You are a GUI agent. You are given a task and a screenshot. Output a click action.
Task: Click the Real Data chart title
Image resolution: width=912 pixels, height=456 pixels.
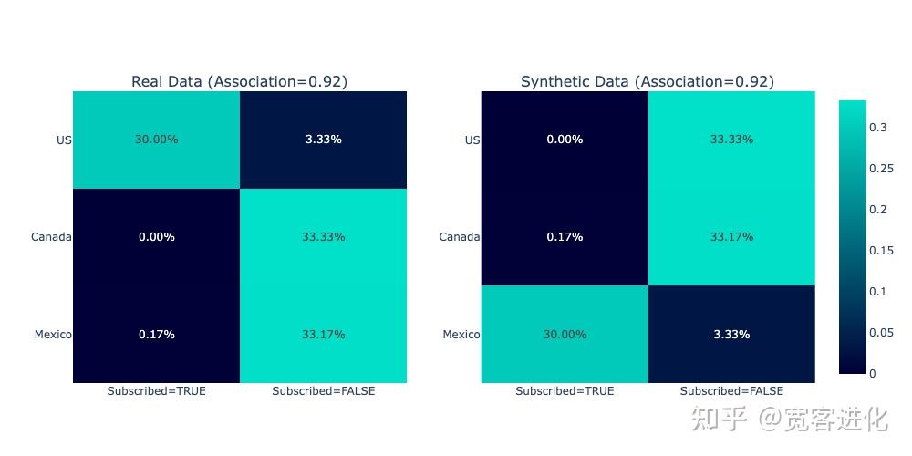pyautogui.click(x=239, y=81)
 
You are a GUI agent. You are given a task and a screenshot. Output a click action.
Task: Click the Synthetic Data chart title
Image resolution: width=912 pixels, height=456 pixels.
pyautogui.click(x=647, y=81)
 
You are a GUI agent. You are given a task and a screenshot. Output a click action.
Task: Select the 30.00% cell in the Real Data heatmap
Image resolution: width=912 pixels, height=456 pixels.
pyautogui.click(x=156, y=140)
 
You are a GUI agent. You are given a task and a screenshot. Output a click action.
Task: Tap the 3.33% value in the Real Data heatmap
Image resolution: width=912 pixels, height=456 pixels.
pyautogui.click(x=324, y=140)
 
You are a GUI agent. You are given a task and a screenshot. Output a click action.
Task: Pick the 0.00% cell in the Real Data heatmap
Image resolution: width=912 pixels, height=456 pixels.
pyautogui.click(x=156, y=237)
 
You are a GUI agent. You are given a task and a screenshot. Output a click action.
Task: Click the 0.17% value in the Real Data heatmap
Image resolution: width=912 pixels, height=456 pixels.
pyautogui.click(x=156, y=335)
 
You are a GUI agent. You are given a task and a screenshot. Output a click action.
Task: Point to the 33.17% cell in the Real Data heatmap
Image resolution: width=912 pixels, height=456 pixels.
pyautogui.click(x=324, y=335)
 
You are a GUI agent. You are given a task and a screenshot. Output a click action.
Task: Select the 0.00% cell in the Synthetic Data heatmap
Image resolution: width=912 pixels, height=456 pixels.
pyautogui.click(x=565, y=140)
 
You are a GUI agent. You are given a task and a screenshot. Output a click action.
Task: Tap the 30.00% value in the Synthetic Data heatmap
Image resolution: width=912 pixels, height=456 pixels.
pyautogui.click(x=565, y=335)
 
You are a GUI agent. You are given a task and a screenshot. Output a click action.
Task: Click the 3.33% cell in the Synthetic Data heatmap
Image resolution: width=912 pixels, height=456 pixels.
pyautogui.click(x=731, y=335)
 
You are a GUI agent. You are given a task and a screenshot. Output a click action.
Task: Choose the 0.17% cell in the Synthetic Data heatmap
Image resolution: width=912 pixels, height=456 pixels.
pyautogui.click(x=565, y=237)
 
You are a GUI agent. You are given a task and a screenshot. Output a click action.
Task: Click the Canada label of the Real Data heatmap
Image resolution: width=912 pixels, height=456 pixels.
pyautogui.click(x=51, y=237)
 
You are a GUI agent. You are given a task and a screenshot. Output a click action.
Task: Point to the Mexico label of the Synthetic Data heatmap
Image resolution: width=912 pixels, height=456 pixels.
pyautogui.click(x=461, y=335)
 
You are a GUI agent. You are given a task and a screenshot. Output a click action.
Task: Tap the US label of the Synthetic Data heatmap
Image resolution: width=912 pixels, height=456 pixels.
pyautogui.click(x=472, y=140)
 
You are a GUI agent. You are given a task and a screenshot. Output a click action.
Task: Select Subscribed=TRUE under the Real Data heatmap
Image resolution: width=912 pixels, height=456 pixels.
pyautogui.click(x=156, y=391)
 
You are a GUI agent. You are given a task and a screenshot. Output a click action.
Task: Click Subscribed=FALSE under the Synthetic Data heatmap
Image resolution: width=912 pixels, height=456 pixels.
pyautogui.click(x=731, y=391)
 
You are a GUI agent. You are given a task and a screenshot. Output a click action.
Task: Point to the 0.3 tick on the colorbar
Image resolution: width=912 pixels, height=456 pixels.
pyautogui.click(x=878, y=128)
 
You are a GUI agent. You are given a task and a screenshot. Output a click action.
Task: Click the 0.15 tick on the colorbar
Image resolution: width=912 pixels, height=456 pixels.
pyautogui.click(x=881, y=251)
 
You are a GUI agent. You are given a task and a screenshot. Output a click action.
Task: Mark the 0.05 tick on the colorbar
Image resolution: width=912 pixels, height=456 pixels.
pyautogui.click(x=881, y=333)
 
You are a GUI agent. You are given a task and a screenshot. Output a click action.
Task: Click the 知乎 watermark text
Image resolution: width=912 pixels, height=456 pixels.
pyautogui.click(x=720, y=419)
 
